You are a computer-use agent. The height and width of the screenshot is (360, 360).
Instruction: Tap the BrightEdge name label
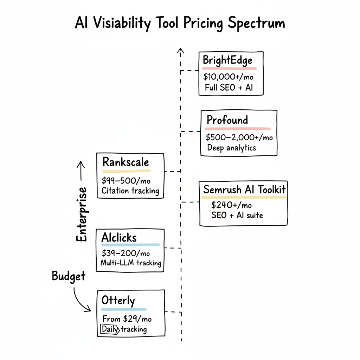[x=227, y=60]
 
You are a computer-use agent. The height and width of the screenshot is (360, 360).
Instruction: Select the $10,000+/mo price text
[x=228, y=77]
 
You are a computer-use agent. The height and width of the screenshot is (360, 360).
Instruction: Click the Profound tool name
[x=227, y=120]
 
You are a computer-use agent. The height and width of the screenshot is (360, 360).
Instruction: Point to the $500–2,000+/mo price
[x=239, y=137]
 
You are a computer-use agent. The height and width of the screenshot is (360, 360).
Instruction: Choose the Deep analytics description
[x=231, y=148]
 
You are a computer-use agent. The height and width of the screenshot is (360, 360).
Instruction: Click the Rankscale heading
[x=126, y=162]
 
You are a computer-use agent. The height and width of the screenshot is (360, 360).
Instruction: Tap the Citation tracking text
[x=130, y=191]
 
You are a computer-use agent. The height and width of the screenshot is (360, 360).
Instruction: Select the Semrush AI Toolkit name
[x=244, y=190]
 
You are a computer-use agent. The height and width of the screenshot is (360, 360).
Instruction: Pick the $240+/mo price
[x=231, y=205]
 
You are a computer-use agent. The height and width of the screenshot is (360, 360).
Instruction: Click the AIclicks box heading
[x=119, y=237]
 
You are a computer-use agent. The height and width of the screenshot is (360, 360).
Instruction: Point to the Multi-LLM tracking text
[x=131, y=263]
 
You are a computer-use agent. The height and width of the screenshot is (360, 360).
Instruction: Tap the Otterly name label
[x=118, y=301]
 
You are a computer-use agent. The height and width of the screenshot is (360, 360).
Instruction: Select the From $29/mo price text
[x=127, y=319]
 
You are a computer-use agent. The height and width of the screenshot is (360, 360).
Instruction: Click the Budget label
[x=69, y=276]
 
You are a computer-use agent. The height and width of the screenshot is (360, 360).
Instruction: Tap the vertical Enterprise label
[x=82, y=214]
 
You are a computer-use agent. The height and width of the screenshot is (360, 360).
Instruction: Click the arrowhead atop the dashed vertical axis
[x=181, y=51]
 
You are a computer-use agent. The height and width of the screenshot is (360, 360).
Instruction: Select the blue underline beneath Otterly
[x=124, y=310]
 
